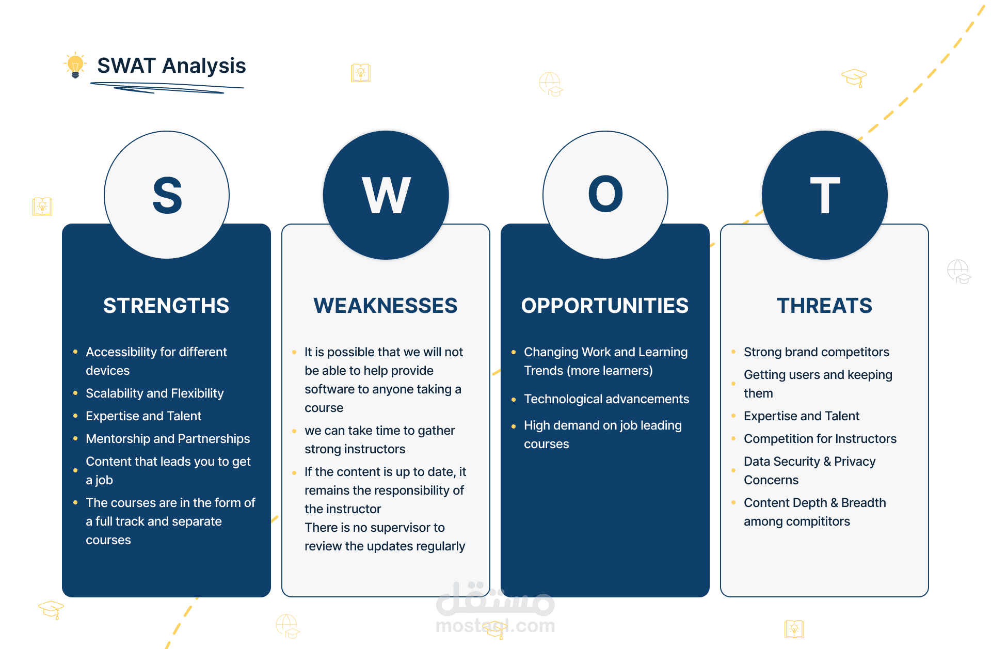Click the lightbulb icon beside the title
75,65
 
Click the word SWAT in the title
126,66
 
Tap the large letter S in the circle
167,195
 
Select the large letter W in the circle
386,195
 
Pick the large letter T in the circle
825,195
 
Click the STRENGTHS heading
166,306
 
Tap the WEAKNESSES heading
386,306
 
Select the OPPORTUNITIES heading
605,306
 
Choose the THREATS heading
824,306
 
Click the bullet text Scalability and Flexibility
155,393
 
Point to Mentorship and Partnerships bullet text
168,439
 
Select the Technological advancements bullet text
606,399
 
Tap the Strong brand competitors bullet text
817,352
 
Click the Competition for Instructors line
820,439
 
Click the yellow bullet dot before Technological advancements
514,400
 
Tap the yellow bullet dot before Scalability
75,393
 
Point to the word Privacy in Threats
855,462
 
